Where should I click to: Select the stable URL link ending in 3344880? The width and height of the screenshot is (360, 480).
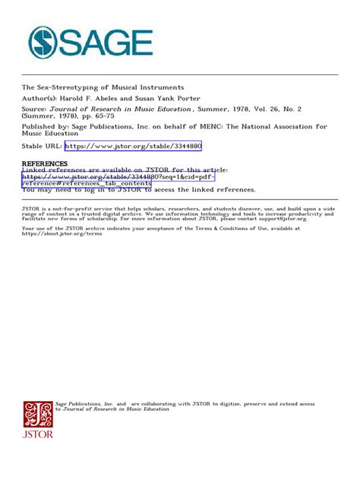tap(133, 146)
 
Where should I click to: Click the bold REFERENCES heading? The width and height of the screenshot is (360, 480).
tap(44, 163)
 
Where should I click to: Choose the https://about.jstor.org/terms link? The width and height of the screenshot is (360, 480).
tap(62, 233)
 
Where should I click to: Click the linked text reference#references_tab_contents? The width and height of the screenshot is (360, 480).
tap(86, 183)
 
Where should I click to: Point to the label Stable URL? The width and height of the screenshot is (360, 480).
tap(41, 146)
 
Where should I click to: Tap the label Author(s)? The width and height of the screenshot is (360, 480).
tap(41, 99)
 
